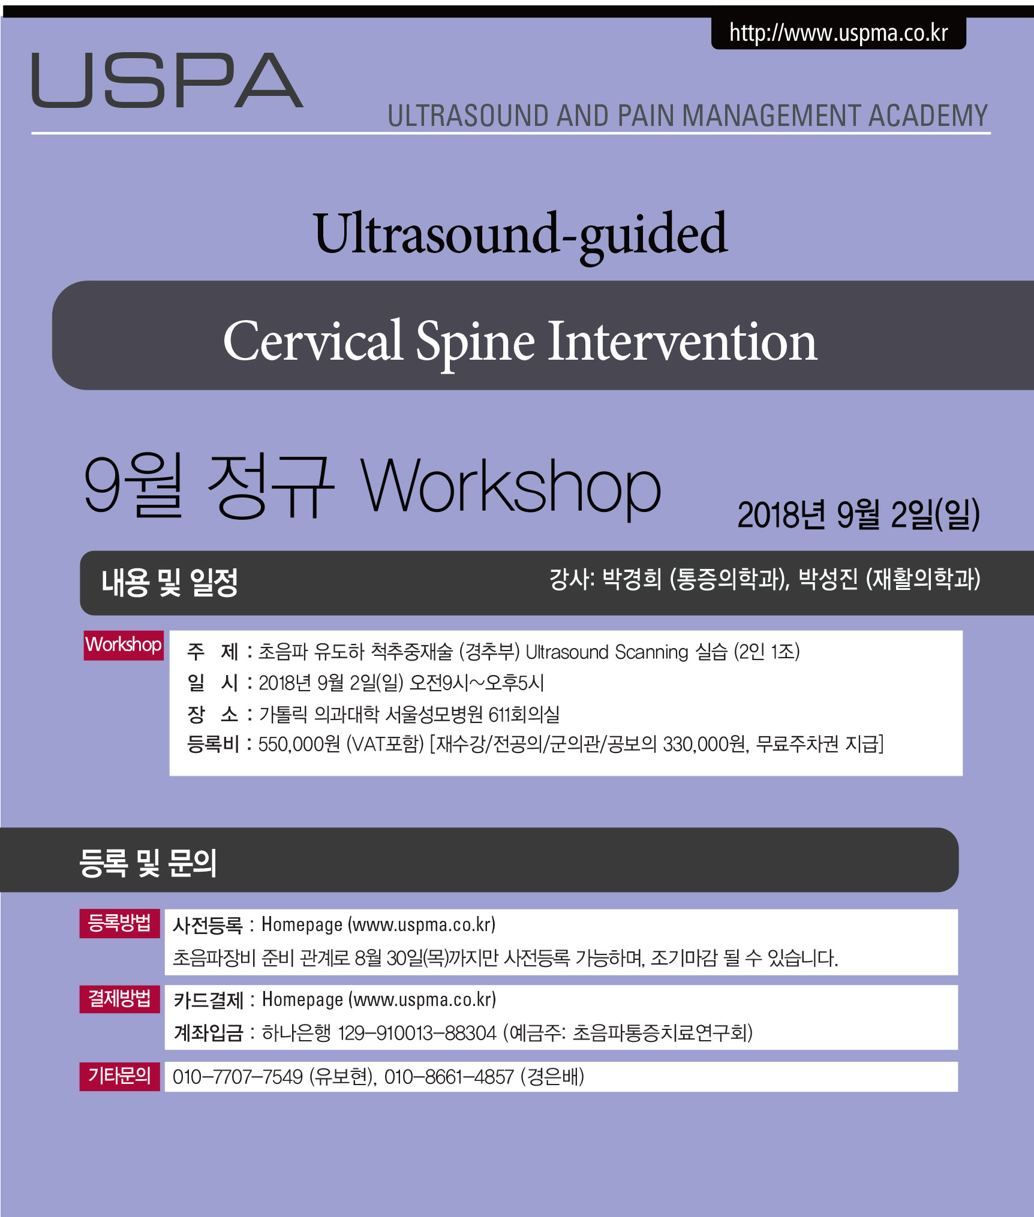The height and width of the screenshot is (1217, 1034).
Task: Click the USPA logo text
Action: (167, 80)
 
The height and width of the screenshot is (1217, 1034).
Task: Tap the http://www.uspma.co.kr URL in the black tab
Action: (838, 33)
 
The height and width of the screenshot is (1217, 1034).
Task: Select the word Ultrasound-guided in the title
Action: (521, 235)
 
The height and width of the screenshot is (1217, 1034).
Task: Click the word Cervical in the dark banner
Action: (312, 341)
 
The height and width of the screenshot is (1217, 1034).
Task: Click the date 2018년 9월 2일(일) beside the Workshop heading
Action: (858, 514)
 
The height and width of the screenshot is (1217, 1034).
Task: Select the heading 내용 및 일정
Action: (170, 582)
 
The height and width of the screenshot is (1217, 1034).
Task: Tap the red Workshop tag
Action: (124, 645)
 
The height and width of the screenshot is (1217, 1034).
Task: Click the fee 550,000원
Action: (299, 745)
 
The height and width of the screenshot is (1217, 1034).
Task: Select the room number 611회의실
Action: (524, 715)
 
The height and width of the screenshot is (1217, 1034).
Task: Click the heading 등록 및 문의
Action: (148, 863)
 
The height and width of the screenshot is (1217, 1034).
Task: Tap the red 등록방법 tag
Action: (119, 923)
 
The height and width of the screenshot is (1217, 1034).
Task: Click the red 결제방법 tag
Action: (119, 999)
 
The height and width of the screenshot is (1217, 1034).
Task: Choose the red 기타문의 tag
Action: (119, 1075)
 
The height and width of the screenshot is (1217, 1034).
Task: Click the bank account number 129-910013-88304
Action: (417, 1033)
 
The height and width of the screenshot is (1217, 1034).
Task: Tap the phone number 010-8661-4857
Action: (449, 1077)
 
